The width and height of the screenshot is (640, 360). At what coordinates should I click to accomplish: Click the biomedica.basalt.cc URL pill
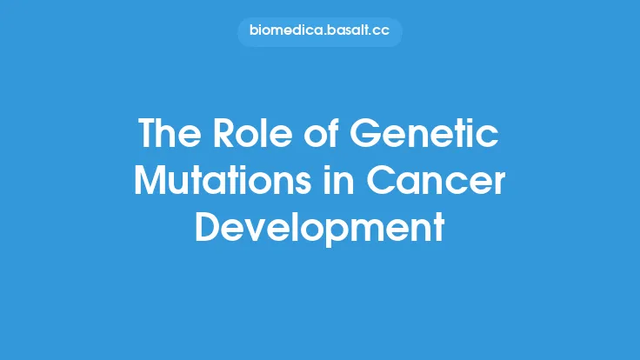point(320,32)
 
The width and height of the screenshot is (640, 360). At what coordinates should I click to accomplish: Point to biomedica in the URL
point(284,32)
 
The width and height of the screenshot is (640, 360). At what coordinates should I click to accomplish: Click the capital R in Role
point(217,135)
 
